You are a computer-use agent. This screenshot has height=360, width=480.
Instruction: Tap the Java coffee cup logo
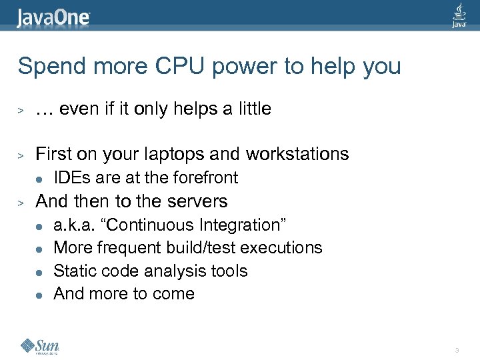pos(459,15)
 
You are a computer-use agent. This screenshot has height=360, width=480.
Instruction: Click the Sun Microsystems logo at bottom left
pos(40,346)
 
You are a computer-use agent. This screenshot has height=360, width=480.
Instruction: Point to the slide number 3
pos(456,350)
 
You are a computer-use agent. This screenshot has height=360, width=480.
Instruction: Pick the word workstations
pos(297,154)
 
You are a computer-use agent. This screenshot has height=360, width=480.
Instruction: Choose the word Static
pos(73,271)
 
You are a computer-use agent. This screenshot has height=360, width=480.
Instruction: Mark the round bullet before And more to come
pos(39,294)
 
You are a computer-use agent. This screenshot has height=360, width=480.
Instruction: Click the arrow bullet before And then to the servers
pos(21,202)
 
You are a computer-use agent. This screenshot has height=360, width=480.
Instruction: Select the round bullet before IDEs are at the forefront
pos(39,178)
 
